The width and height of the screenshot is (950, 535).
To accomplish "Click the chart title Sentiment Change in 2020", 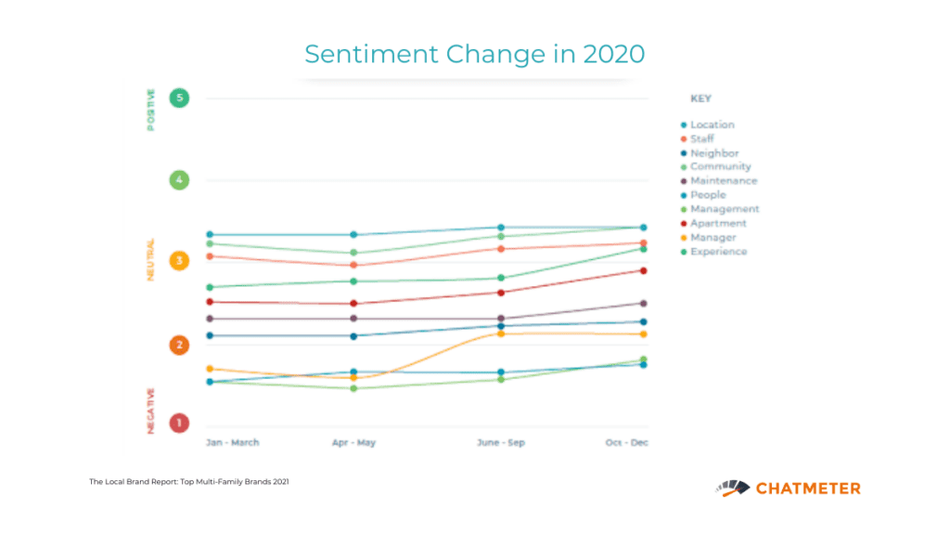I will (x=474, y=54).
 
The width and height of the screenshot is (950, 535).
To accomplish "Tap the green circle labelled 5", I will (x=179, y=98).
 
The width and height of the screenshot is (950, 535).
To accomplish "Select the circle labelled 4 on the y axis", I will (x=179, y=180).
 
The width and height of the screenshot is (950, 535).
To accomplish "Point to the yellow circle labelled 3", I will (x=179, y=261).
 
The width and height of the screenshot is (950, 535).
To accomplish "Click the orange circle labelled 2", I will (x=179, y=345).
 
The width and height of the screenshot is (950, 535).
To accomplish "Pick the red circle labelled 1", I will (x=179, y=424).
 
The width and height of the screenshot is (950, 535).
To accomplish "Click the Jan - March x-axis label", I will (x=232, y=443).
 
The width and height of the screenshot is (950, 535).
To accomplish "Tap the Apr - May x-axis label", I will (x=353, y=443).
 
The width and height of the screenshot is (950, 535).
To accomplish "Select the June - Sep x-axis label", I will (x=500, y=443).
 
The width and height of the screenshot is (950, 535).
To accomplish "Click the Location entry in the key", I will (x=712, y=124).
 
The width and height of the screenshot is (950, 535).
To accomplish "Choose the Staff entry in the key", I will (x=702, y=139).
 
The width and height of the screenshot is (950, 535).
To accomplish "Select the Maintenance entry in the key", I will (x=723, y=181).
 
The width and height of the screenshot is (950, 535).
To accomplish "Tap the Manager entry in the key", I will (x=712, y=238).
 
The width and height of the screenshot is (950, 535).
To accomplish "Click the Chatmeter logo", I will (x=788, y=488).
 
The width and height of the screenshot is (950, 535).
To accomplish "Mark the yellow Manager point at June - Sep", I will (x=500, y=333).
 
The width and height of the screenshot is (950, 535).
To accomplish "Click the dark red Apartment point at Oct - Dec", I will (x=643, y=270).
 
